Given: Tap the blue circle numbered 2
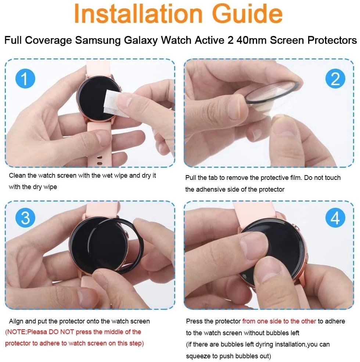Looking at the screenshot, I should (335, 79).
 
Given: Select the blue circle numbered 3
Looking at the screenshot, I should (25, 218).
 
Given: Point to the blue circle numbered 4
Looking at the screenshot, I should (335, 218).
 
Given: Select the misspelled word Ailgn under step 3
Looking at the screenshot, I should (17, 321).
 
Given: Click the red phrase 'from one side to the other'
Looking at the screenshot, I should (279, 321).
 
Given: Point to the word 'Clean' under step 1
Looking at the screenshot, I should (17, 175).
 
